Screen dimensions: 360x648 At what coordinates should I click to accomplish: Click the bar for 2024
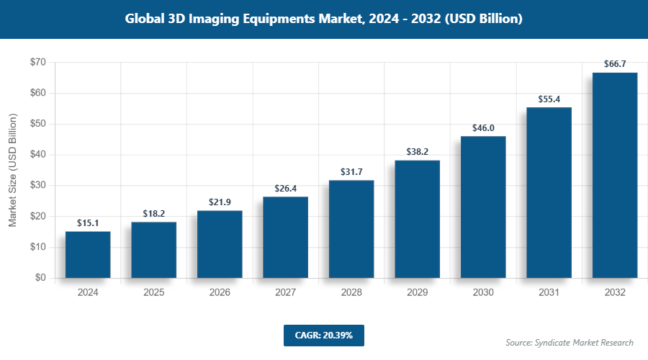pyautogui.click(x=88, y=254)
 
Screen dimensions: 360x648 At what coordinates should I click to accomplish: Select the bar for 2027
pyautogui.click(x=285, y=237)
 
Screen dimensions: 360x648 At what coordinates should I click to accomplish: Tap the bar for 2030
pyautogui.click(x=483, y=207)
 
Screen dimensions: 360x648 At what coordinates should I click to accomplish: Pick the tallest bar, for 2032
pyautogui.click(x=615, y=175)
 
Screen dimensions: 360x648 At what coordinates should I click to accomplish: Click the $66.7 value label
pyautogui.click(x=615, y=64)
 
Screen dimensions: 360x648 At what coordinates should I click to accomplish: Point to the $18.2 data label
pyautogui.click(x=153, y=214)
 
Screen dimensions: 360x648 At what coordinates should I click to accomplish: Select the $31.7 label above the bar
pyautogui.click(x=351, y=172)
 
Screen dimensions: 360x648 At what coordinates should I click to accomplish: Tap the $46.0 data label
pyautogui.click(x=483, y=127)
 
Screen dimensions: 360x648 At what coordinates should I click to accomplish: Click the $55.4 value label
pyautogui.click(x=549, y=99)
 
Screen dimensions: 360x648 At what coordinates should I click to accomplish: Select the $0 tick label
pyautogui.click(x=40, y=278)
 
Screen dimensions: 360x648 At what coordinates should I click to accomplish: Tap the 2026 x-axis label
pyautogui.click(x=220, y=293)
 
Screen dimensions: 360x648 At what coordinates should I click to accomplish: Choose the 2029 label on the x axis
pyautogui.click(x=417, y=293)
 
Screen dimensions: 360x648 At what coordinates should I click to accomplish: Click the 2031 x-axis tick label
pyautogui.click(x=549, y=293)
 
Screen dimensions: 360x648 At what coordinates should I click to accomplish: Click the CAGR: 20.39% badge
pyautogui.click(x=324, y=335)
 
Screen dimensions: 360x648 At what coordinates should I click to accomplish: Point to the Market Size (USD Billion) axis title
pyautogui.click(x=12, y=170)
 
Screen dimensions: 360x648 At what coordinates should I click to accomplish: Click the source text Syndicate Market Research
pyautogui.click(x=570, y=342)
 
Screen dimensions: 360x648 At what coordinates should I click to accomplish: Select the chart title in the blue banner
pyautogui.click(x=324, y=19)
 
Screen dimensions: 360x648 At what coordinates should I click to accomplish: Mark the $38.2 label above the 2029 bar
pyautogui.click(x=417, y=152)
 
